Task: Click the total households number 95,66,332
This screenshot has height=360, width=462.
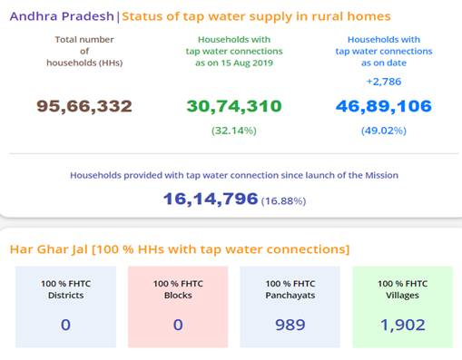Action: tap(84, 106)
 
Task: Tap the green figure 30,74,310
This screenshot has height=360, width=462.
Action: tap(233, 106)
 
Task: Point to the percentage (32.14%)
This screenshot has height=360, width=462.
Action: tap(233, 130)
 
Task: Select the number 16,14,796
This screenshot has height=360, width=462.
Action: tap(211, 199)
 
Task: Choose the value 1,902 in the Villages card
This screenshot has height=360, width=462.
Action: tap(402, 324)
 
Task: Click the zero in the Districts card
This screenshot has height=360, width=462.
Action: tap(65, 324)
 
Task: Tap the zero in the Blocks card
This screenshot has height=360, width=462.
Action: tap(178, 324)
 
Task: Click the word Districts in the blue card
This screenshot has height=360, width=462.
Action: tap(65, 297)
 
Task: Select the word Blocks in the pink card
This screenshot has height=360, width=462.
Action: tap(178, 297)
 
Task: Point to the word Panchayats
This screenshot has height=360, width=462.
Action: tap(290, 297)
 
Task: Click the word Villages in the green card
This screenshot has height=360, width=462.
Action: tap(402, 297)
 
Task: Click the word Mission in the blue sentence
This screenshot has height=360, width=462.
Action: tap(380, 175)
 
